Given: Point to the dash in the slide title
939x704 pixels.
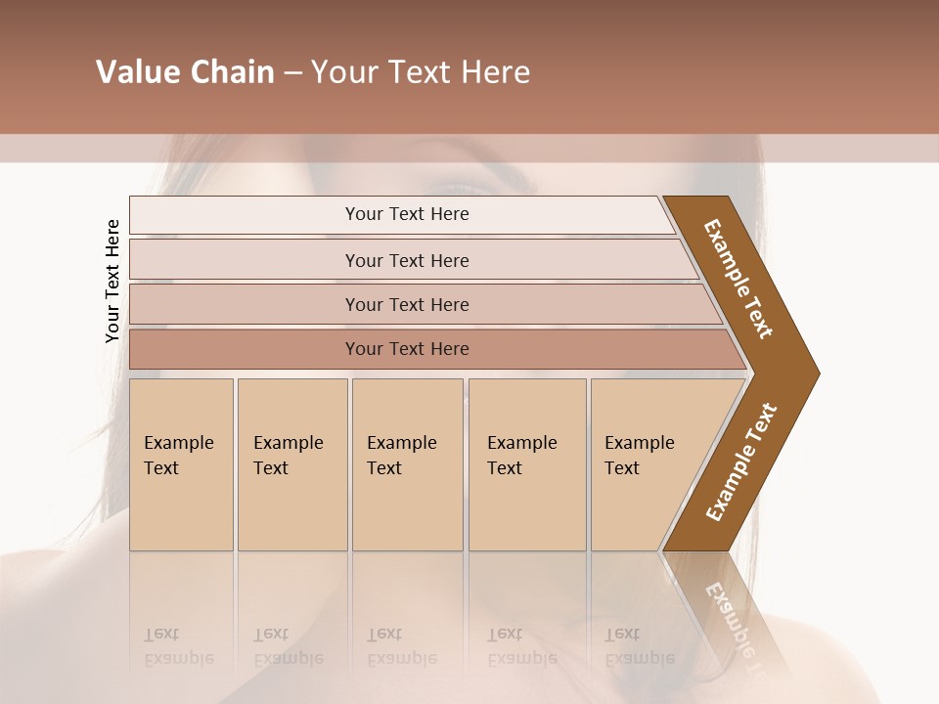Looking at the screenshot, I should click(x=292, y=73).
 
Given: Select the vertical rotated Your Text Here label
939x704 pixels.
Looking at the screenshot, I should click(x=112, y=282).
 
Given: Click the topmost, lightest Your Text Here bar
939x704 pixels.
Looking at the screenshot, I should click(x=406, y=214).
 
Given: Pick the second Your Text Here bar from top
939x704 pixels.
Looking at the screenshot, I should click(x=406, y=260).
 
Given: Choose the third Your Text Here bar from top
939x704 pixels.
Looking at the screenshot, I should click(x=406, y=304).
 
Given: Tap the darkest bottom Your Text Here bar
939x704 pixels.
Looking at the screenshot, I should click(x=406, y=349).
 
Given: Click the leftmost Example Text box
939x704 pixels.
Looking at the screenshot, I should click(x=181, y=463).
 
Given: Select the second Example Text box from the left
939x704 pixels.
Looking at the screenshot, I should click(x=291, y=463).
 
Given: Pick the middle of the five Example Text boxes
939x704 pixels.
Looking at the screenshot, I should click(x=407, y=463).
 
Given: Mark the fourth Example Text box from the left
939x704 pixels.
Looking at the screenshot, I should click(x=527, y=463).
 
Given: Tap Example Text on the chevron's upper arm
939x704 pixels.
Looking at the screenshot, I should click(x=739, y=279).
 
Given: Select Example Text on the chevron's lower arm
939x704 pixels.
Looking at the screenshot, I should click(x=741, y=462).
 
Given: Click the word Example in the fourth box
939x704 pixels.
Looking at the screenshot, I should click(x=522, y=443).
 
